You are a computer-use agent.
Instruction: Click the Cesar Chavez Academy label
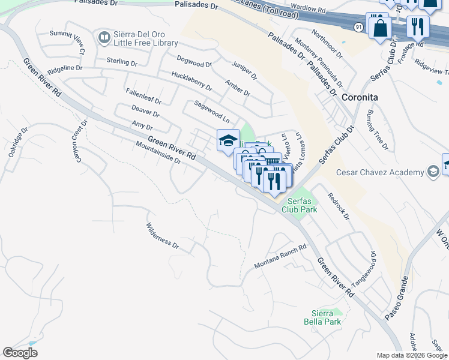tap(379, 173)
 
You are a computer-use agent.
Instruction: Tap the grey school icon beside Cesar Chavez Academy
tap(432, 173)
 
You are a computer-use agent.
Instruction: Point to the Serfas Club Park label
tap(300, 205)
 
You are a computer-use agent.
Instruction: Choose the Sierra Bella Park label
tap(326, 317)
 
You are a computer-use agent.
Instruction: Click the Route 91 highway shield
tap(358, 27)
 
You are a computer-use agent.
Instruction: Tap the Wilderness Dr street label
tap(163, 236)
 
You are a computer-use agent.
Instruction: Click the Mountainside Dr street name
tap(158, 152)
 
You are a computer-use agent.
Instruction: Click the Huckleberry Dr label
tap(191, 81)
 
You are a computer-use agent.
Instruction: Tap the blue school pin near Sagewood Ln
tap(228, 141)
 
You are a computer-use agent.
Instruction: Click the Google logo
tap(20, 353)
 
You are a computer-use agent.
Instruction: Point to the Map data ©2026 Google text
tap(412, 355)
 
